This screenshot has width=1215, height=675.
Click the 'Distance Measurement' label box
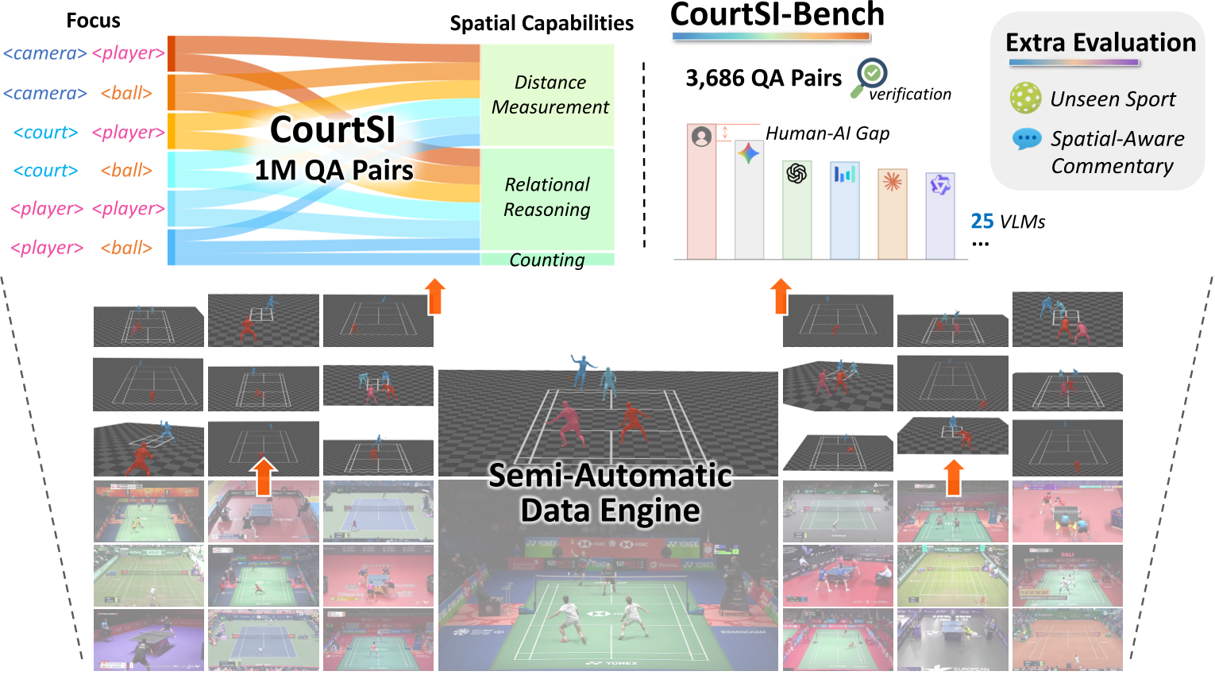coord(549,94)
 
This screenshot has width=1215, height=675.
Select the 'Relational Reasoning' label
coord(547,197)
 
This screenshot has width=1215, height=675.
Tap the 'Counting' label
coord(547,260)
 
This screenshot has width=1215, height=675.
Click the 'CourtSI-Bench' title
coord(777,15)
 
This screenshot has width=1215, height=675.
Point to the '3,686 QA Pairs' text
coord(763,79)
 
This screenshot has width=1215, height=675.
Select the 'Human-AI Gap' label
coord(827,133)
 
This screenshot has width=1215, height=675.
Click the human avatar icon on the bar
coord(701,137)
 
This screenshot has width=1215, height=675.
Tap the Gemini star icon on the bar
coord(749,153)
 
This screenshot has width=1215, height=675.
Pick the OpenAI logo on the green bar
coord(796,172)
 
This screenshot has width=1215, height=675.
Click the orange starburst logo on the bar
coord(892,182)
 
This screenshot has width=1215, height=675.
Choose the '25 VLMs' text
coord(1008,222)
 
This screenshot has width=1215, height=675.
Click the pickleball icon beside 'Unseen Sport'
coord(1025,98)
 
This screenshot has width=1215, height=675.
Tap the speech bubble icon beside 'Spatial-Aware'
coord(1027,139)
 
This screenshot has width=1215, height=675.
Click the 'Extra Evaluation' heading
coord(1100,43)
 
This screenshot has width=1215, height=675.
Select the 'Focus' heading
coord(93,21)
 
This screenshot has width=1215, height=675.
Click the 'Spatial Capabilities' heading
coord(542,24)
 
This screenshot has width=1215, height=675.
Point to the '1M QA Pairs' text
coord(334,170)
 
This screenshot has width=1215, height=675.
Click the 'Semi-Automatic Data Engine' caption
coord(610,492)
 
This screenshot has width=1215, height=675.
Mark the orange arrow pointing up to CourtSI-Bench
coord(781,295)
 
